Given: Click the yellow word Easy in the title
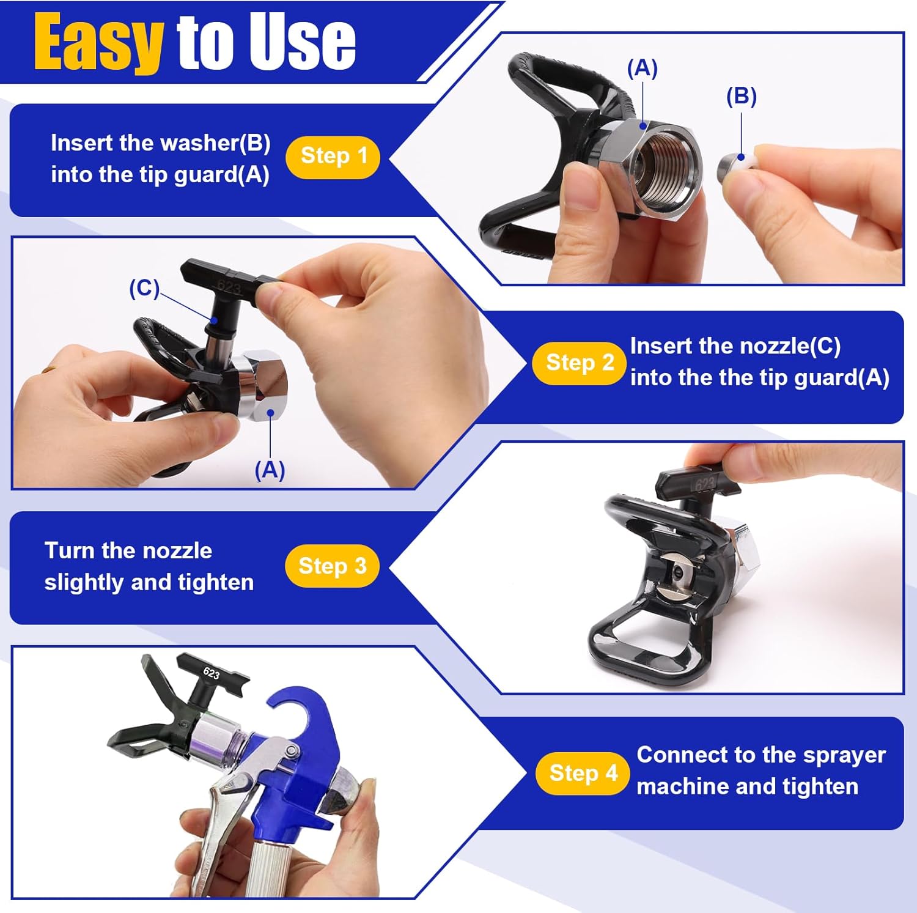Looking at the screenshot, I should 98,43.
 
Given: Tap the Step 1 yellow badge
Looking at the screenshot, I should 333,157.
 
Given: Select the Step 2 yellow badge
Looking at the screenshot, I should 580,363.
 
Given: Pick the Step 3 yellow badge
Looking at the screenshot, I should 332,566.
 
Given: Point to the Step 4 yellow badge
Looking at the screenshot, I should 583,773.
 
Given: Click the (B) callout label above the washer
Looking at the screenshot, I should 741,97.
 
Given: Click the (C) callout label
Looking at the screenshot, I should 144,288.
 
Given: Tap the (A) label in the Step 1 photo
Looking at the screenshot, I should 642,68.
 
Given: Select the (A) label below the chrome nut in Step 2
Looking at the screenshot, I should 270,470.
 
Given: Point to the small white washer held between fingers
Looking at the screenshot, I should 740,163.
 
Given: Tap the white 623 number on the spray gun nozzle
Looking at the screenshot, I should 212,673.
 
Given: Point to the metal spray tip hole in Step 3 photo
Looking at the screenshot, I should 677,571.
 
